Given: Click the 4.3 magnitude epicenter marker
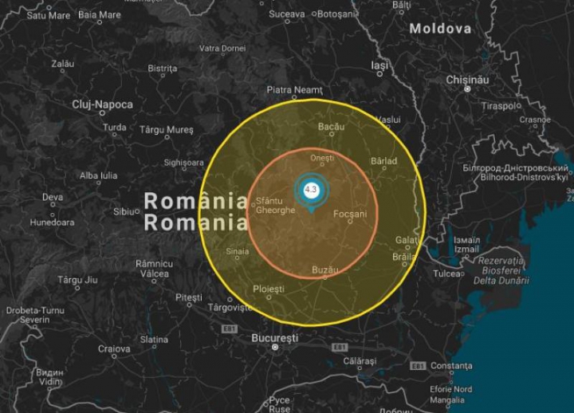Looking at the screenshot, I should pyautogui.click(x=311, y=190).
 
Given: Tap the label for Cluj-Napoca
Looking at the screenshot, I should pyautogui.click(x=103, y=104).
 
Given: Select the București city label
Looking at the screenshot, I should pyautogui.click(x=274, y=338).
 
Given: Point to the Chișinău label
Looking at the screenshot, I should pyautogui.click(x=467, y=80).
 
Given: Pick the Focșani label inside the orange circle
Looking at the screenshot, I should pyautogui.click(x=351, y=214).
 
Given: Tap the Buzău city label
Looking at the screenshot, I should pyautogui.click(x=328, y=269).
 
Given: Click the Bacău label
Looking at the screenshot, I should pyautogui.click(x=331, y=127).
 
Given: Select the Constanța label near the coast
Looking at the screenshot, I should pyautogui.click(x=451, y=366).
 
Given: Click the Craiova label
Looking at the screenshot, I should pyautogui.click(x=114, y=348).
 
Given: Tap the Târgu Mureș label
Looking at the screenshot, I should pyautogui.click(x=167, y=129).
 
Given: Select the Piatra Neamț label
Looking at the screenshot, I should pyautogui.click(x=294, y=90).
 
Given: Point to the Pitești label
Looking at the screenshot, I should pyautogui.click(x=189, y=297).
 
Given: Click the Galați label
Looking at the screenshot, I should pyautogui.click(x=407, y=240).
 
